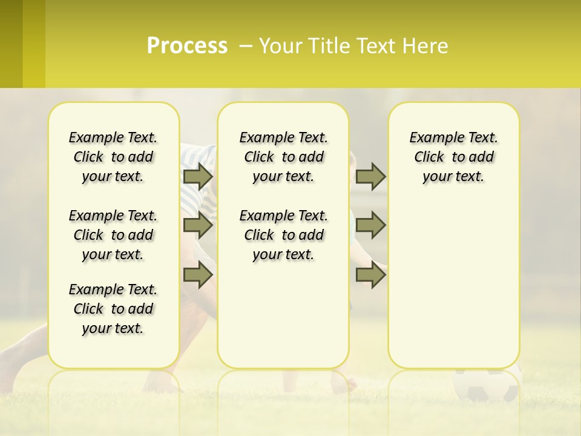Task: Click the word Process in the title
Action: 187,45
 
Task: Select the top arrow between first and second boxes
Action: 198,176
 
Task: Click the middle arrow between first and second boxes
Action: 198,225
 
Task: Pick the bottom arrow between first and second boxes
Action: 198,274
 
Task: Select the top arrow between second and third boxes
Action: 370,176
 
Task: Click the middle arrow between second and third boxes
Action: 370,225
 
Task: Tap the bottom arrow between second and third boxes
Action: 370,274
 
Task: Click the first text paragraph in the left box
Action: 113,157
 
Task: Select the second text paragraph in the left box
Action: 113,235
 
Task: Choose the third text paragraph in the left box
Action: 113,309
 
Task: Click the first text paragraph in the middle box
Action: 283,157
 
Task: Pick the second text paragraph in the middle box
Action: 283,235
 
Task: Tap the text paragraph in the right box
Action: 454,157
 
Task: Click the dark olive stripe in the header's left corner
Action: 11,44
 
